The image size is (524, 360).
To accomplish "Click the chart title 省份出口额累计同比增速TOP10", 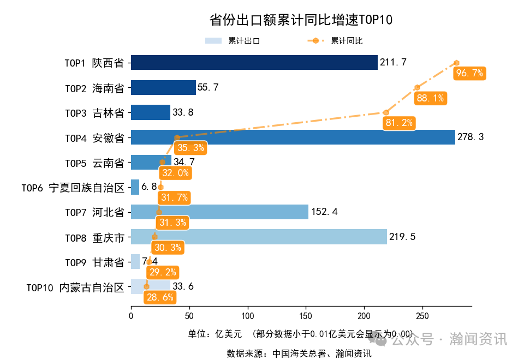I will tap(301, 20).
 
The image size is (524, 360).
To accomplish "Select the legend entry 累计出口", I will tap(233, 41).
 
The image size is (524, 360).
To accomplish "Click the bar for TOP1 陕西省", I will tap(254, 62).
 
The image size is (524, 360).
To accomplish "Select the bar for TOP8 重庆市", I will tap(259, 237).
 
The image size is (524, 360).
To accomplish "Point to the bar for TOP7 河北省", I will tap(219, 212).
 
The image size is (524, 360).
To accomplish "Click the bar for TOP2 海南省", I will tap(163, 87).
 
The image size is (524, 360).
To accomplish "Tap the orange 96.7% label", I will tap(469, 73).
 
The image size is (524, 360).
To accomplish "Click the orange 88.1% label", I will tap(430, 98).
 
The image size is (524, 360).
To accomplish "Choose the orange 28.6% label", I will tap(159, 297).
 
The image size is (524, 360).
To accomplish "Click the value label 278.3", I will tap(471, 137).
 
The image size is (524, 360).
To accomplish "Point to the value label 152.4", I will tap(324, 212).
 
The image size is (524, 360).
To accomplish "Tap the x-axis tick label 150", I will tap(306, 316).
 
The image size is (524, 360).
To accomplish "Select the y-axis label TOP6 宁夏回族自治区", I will tap(73, 187).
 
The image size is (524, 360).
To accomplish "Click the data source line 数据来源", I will tap(299, 353).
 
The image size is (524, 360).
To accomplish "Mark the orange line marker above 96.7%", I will tap(456, 63).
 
